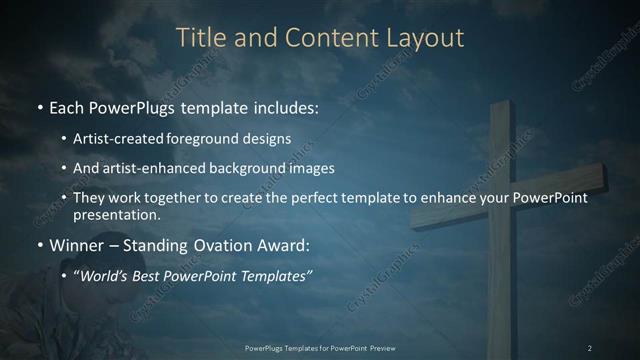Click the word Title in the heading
200,38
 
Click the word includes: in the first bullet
280,105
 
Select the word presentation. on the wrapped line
116,214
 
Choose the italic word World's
105,276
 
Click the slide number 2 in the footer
590,347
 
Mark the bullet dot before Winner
39,245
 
